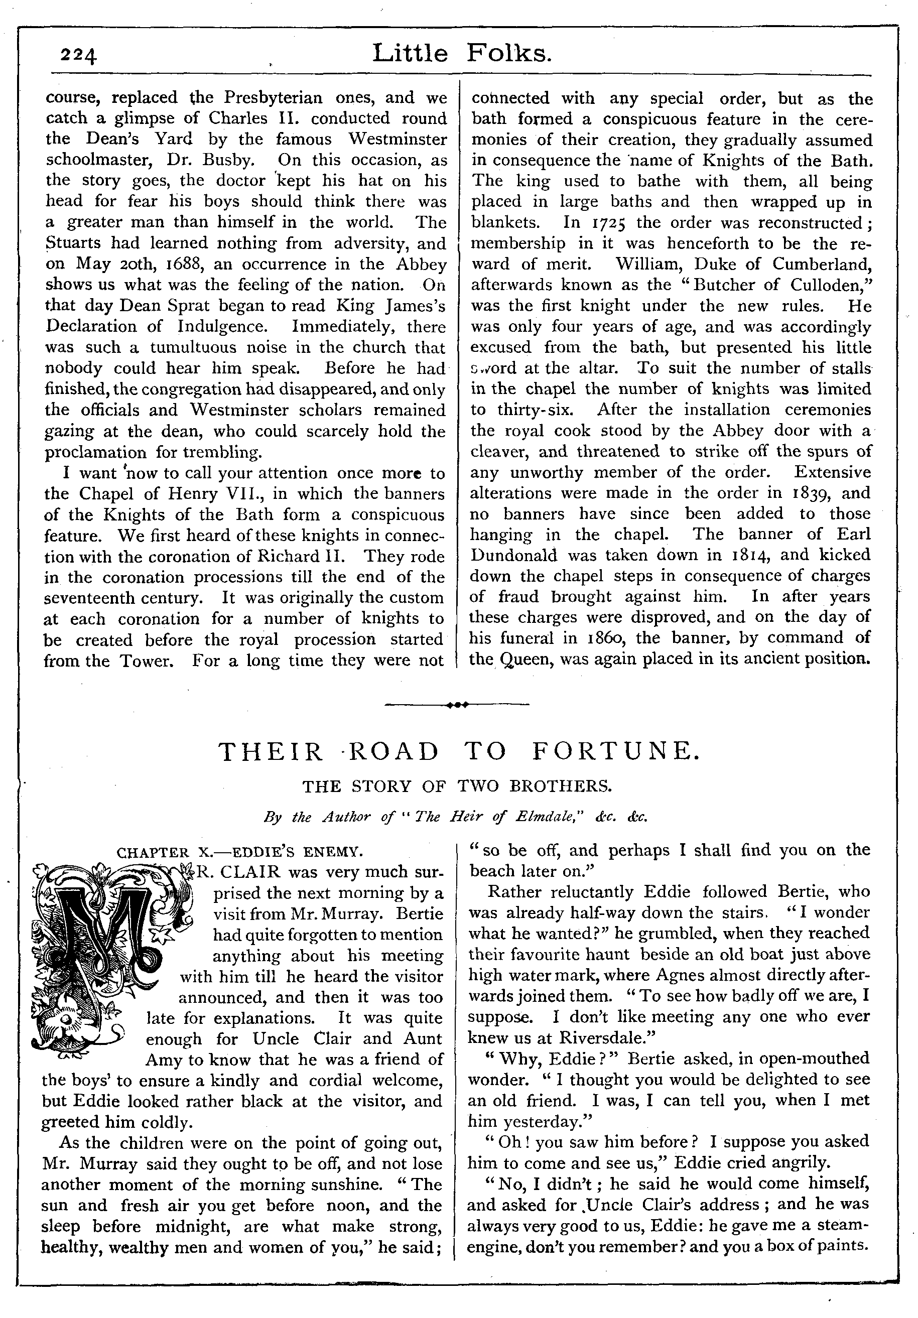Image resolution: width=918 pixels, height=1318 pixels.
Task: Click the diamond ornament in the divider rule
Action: [456, 704]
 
